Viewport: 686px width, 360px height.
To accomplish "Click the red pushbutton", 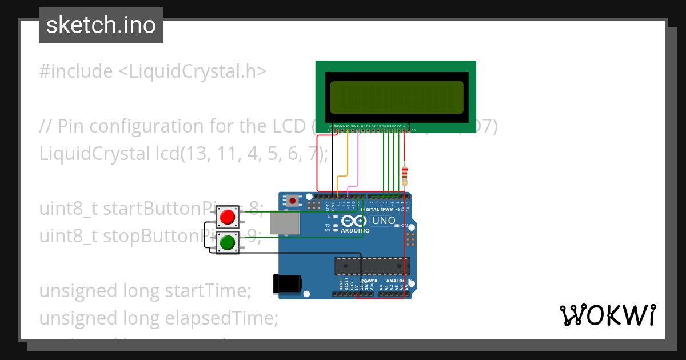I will pyautogui.click(x=228, y=217).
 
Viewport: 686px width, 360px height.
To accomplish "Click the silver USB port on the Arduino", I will pyautogui.click(x=284, y=223).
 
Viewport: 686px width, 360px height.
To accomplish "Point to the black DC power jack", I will pyautogui.click(x=287, y=284).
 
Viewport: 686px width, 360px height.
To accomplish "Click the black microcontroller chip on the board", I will pyautogui.click(x=372, y=266).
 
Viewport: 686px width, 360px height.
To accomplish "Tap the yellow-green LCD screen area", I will pyautogui.click(x=397, y=97).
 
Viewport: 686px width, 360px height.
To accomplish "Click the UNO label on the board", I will pyautogui.click(x=383, y=221).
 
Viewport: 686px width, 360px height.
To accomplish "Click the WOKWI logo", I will pyautogui.click(x=607, y=315).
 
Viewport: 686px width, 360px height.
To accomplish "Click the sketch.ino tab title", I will pyautogui.click(x=101, y=25).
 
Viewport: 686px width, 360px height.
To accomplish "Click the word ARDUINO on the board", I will pyautogui.click(x=355, y=231).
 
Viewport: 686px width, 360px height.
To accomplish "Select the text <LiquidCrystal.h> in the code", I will pyautogui.click(x=192, y=71).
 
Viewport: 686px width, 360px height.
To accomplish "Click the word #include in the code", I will pyautogui.click(x=76, y=71).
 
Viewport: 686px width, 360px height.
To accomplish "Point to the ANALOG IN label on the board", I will pyautogui.click(x=396, y=281).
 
